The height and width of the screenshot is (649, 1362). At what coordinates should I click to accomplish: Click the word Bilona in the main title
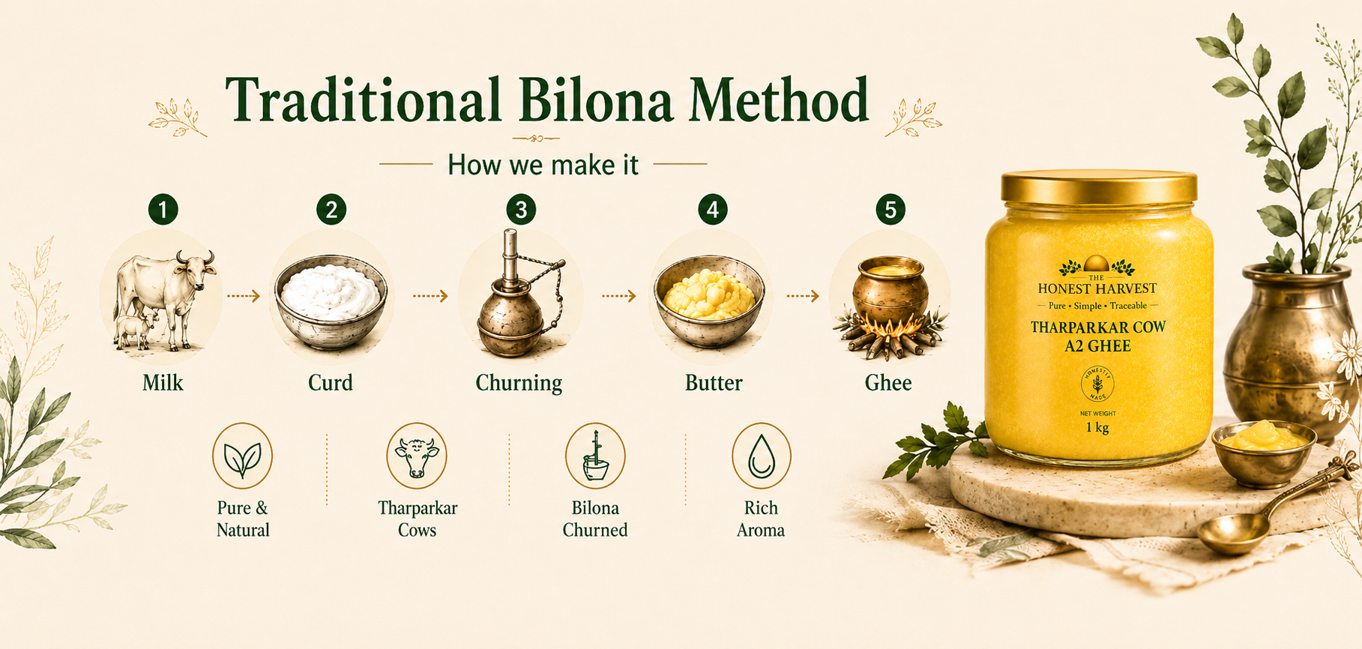(596, 100)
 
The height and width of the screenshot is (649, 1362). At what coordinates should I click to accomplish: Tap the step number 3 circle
(521, 210)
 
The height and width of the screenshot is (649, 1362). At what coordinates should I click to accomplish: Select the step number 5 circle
(891, 210)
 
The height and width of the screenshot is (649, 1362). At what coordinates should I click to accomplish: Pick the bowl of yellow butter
(709, 301)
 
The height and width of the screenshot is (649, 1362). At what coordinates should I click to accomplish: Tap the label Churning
(519, 383)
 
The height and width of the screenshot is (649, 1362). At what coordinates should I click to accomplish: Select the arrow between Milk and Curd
(243, 297)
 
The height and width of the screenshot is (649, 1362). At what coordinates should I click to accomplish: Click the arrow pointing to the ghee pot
(803, 297)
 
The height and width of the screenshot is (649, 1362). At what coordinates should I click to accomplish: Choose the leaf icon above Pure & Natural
(242, 456)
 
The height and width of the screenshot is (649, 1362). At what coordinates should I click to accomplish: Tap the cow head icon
(417, 456)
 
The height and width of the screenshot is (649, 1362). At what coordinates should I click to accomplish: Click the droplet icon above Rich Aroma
(761, 456)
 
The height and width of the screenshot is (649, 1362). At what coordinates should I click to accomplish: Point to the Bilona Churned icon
(595, 456)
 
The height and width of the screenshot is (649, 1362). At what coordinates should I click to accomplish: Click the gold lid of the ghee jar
(1099, 188)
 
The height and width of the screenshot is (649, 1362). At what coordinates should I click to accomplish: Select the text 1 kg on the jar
(1097, 428)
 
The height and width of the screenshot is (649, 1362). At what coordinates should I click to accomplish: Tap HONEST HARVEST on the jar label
(1097, 289)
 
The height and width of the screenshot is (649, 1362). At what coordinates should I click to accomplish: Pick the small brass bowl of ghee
(1264, 453)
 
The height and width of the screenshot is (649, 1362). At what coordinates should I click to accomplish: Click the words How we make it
(543, 165)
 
